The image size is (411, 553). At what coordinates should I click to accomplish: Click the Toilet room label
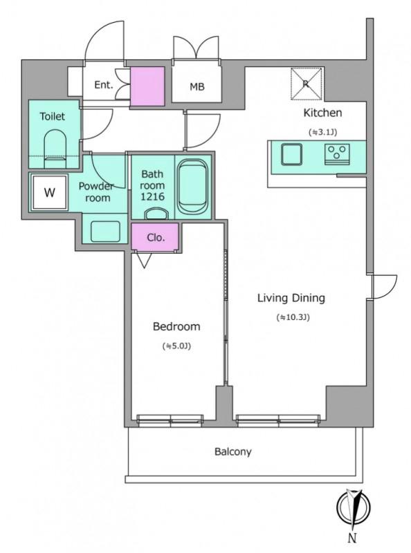pyautogui.click(x=53, y=116)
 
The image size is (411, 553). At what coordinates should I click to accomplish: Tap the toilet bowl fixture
pyautogui.click(x=55, y=149)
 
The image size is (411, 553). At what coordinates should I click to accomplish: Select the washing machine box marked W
pyautogui.click(x=49, y=193)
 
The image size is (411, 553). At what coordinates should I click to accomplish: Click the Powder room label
pyautogui.click(x=96, y=192)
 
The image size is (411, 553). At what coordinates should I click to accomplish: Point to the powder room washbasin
pyautogui.click(x=105, y=232)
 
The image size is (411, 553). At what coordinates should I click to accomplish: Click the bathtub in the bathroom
pyautogui.click(x=192, y=187)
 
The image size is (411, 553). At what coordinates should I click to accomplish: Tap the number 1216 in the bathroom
pyautogui.click(x=152, y=197)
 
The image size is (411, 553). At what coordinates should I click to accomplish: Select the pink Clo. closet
pyautogui.click(x=155, y=236)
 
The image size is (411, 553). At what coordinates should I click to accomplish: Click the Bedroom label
pyautogui.click(x=176, y=326)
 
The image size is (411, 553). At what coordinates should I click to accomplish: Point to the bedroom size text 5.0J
pyautogui.click(x=176, y=346)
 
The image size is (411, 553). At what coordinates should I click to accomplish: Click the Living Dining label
pyautogui.click(x=291, y=298)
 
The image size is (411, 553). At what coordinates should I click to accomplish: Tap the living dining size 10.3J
pyautogui.click(x=293, y=317)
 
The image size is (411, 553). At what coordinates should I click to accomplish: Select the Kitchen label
pyautogui.click(x=322, y=113)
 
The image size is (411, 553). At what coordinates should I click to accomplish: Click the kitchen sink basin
pyautogui.click(x=292, y=154)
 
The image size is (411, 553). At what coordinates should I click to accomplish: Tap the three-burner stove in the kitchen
pyautogui.click(x=337, y=154)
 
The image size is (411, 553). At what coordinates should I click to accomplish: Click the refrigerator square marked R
pyautogui.click(x=306, y=84)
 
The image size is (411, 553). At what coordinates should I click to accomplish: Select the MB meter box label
pyautogui.click(x=197, y=86)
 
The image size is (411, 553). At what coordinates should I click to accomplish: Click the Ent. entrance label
pyautogui.click(x=104, y=85)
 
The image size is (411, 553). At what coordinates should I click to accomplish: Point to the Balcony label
pyautogui.click(x=233, y=452)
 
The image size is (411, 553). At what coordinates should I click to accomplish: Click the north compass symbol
pyautogui.click(x=353, y=508)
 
